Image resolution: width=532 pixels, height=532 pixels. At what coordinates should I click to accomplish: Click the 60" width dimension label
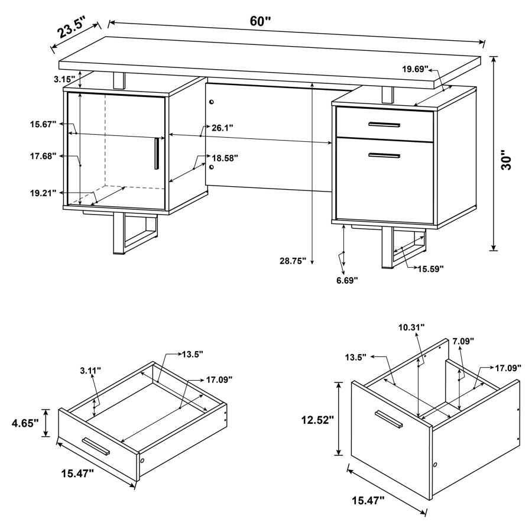259,21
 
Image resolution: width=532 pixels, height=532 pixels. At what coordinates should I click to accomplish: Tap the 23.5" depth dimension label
69,28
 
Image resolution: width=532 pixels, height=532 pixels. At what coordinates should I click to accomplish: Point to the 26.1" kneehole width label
223,128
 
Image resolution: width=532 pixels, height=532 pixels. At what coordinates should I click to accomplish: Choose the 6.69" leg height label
348,280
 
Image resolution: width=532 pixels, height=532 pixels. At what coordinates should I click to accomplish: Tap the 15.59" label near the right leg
431,269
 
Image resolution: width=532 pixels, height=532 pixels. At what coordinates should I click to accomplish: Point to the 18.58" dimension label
224,158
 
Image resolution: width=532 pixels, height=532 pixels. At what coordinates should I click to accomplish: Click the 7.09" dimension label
463,341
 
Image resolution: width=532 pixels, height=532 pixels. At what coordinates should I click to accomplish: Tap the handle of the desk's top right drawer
384,124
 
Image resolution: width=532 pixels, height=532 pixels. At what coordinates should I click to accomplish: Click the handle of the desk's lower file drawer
384,155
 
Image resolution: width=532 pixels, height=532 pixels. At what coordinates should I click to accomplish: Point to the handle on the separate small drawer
96,446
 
